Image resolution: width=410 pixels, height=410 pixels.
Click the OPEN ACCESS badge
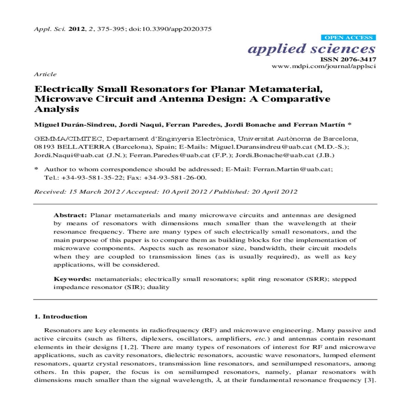click(x=348, y=38)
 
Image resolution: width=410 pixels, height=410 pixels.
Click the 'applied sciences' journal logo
click(x=312, y=49)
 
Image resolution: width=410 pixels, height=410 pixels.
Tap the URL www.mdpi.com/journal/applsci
click(x=324, y=66)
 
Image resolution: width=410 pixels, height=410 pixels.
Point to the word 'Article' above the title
click(x=45, y=74)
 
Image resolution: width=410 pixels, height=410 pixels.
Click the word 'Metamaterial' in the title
click(x=285, y=89)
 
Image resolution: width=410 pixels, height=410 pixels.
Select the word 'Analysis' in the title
click(x=57, y=109)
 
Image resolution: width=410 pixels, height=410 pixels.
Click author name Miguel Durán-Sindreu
click(x=74, y=125)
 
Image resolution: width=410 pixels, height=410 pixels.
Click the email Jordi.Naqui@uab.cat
click(x=69, y=155)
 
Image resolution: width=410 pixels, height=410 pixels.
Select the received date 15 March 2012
click(x=94, y=192)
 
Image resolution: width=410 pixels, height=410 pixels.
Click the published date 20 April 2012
click(x=274, y=192)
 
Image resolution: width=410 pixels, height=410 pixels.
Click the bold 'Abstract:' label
click(x=70, y=215)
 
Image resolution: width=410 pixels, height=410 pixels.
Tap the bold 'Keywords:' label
click(x=72, y=279)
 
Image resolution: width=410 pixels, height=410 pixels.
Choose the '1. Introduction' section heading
click(x=61, y=317)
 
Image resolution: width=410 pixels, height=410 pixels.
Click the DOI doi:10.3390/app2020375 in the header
click(x=170, y=29)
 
